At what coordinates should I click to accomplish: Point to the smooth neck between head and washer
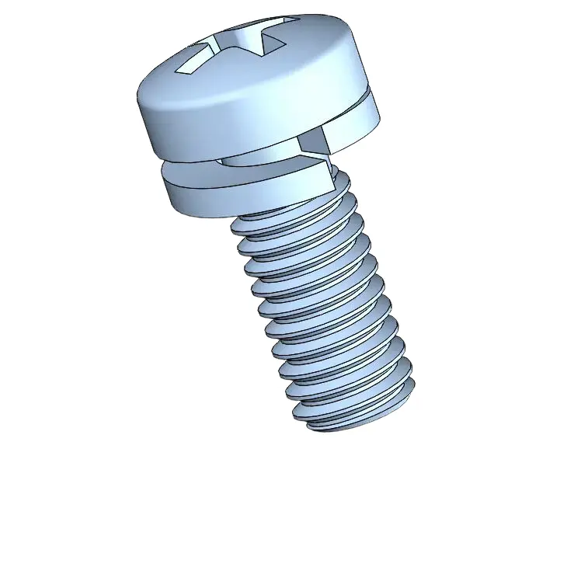256,158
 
